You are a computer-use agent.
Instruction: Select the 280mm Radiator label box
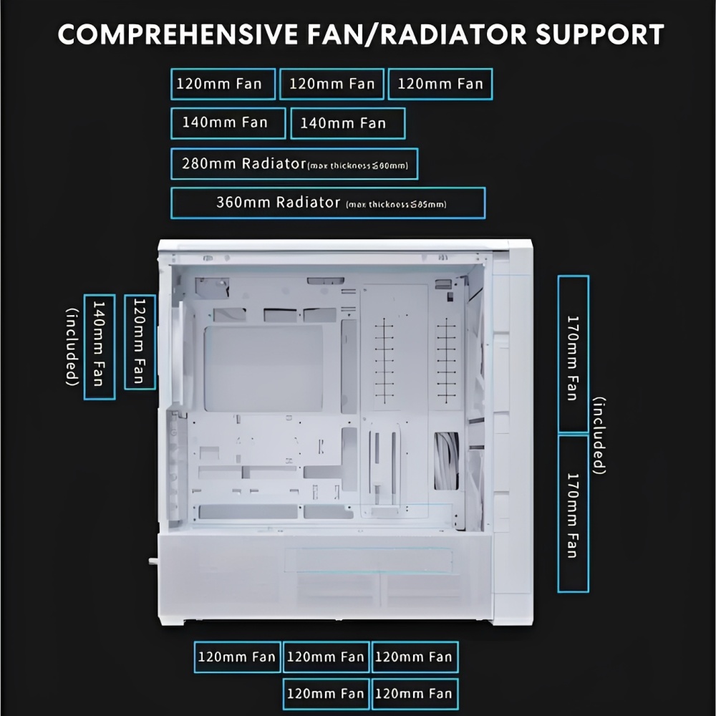(x=294, y=164)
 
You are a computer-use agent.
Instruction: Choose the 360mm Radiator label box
(x=327, y=203)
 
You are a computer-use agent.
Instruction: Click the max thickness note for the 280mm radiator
(x=357, y=166)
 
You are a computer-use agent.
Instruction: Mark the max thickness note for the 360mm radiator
(x=396, y=205)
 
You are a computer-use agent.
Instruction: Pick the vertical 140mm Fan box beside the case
(x=99, y=347)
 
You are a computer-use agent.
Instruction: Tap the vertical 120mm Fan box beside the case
(x=140, y=342)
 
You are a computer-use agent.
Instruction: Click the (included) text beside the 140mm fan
(x=72, y=347)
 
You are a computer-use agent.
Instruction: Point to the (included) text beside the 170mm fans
(x=600, y=435)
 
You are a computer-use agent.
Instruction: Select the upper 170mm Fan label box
(x=573, y=354)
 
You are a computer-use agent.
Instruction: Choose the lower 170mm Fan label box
(x=573, y=513)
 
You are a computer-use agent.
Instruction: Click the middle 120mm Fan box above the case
(x=332, y=84)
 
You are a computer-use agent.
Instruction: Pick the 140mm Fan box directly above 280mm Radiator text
(x=228, y=122)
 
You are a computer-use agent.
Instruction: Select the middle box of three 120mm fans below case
(x=326, y=657)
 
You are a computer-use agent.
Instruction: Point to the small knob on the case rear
(x=153, y=562)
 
